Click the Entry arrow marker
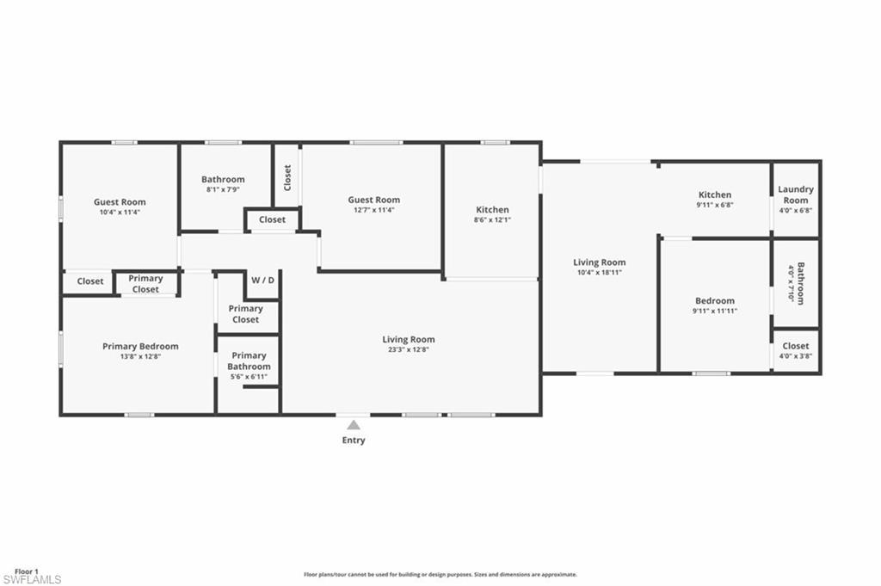point(354,425)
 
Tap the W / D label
point(263,280)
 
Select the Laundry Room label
point(796,194)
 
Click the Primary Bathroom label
point(249,361)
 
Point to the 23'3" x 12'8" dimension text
point(409,349)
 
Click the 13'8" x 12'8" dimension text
point(140,356)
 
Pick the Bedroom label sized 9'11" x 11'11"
point(715,300)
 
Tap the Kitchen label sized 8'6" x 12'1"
point(492,210)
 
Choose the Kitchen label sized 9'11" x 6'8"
point(715,195)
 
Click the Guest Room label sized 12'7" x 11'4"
point(373,200)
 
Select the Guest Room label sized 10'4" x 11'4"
point(120,201)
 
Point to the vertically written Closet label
point(287,177)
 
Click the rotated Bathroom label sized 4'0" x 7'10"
point(801,283)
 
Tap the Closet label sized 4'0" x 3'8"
point(796,346)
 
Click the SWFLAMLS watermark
point(32,579)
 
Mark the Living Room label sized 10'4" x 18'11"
point(600,262)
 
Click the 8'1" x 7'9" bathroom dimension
point(223,190)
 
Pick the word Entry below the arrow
point(354,440)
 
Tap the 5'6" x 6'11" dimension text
point(249,377)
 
